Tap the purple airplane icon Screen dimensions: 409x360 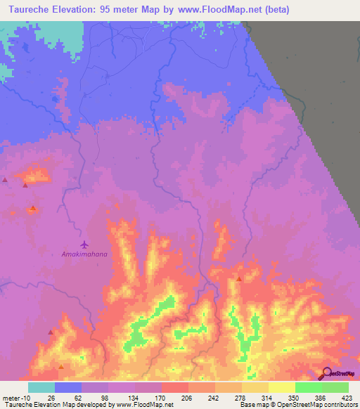point(85,245)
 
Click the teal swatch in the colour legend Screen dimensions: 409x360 point(41,387)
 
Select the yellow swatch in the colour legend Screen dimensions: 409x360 point(282,387)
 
